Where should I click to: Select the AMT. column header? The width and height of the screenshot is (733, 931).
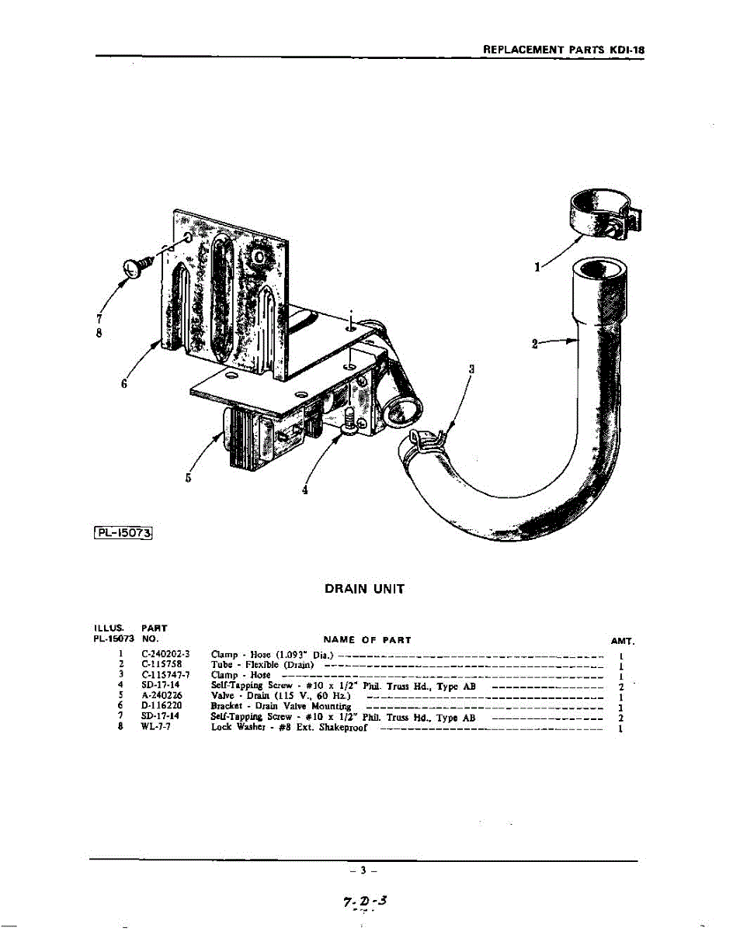pyautogui.click(x=623, y=642)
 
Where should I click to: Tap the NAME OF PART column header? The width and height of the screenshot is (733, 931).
pyautogui.click(x=366, y=639)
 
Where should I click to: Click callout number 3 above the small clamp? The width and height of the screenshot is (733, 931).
pyautogui.click(x=471, y=370)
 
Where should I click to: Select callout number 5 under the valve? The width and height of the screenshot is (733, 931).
pyautogui.click(x=189, y=477)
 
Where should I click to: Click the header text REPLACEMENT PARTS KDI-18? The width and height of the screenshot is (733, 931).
pyautogui.click(x=563, y=48)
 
